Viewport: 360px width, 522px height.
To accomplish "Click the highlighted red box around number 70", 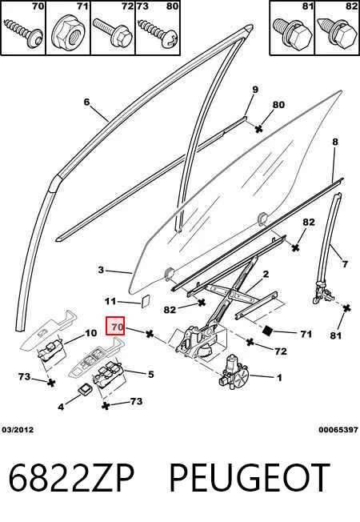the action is tap(115, 326).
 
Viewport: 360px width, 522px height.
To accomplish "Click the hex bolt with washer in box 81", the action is tap(293, 32).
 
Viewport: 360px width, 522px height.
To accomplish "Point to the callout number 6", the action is tap(87, 102).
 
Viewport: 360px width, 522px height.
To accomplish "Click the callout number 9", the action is tap(255, 90).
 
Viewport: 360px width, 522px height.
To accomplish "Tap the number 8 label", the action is tap(335, 142).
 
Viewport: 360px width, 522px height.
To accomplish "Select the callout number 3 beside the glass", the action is tap(101, 270).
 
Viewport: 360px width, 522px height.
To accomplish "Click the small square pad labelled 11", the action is tap(145, 301).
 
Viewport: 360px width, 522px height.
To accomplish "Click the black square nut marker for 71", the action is tap(267, 330).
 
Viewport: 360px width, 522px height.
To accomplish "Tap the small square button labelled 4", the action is tap(86, 390).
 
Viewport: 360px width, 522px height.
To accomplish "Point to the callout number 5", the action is tap(150, 374).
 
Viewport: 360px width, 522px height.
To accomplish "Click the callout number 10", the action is tap(91, 333).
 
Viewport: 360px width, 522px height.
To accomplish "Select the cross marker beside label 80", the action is tap(258, 129).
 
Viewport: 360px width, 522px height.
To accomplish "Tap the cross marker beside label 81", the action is tap(346, 308).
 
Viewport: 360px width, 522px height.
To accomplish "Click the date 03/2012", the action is tap(18, 430).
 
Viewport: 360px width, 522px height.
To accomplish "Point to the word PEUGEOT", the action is tap(250, 478).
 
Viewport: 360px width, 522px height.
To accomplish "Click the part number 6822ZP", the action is tap(71, 478).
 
